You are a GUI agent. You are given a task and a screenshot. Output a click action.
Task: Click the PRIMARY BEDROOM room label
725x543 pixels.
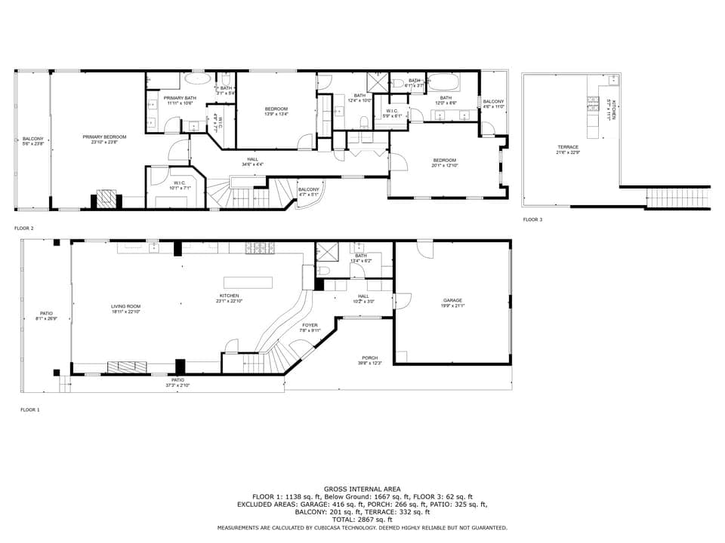pos(104,139)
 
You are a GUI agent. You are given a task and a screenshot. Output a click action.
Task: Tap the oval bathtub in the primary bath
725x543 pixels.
pos(199,78)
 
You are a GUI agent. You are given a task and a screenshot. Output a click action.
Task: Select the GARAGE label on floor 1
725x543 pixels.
pos(452,302)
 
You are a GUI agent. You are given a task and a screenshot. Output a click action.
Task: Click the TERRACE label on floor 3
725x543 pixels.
pos(568,149)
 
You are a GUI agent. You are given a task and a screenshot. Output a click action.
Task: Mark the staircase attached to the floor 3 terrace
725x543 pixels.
pos(678,198)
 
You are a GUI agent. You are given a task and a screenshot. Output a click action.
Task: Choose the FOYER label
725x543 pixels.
pos(310,327)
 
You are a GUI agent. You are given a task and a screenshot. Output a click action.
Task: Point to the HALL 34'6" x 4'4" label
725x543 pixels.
pos(252,161)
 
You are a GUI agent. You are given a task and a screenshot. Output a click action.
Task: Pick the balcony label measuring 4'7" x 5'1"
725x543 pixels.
pos(308,192)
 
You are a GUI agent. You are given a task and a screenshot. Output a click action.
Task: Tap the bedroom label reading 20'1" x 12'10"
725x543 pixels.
pos(444,162)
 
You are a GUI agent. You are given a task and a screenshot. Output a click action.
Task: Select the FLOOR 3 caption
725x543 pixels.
pos(532,219)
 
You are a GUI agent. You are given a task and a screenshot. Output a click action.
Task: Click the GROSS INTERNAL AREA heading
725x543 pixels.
pos(362,489)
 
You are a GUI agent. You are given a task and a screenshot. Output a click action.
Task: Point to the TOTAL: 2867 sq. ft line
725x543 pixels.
pos(362,520)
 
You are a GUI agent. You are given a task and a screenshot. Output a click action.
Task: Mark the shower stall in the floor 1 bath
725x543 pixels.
pos(327,251)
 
